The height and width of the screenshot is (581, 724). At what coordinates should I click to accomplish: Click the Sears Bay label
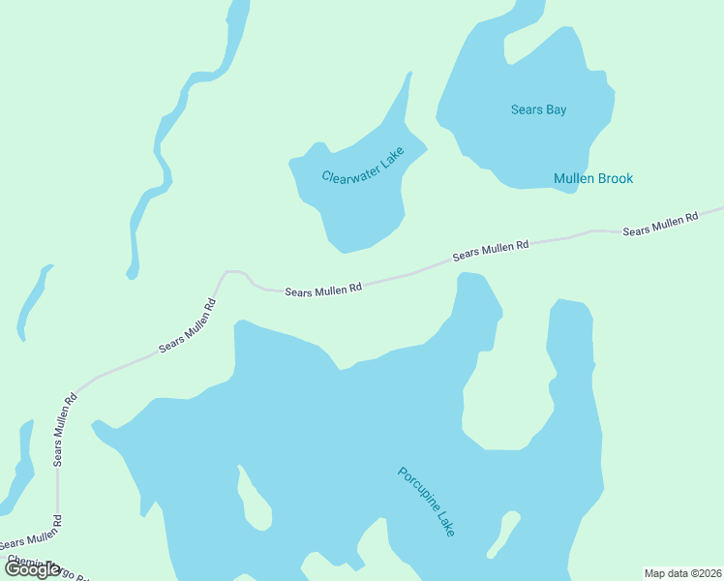538,109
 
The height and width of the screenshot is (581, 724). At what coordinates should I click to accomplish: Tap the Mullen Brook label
593,178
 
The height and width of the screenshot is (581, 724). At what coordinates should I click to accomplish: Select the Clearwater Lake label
362,165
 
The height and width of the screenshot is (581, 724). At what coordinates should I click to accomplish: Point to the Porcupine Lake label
426,502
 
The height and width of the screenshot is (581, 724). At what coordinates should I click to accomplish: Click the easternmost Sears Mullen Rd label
660,225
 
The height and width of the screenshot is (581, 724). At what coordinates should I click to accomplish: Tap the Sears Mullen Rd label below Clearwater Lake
323,290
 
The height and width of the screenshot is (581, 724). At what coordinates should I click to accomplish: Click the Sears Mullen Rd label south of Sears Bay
491,251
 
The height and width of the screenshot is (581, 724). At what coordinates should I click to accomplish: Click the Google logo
33,569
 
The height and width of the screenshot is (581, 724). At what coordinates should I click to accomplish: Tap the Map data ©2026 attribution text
682,572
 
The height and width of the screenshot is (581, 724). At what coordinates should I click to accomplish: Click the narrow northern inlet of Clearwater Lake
406,97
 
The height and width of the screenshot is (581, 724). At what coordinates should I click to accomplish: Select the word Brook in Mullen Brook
615,178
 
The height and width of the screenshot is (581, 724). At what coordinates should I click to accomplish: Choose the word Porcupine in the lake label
417,491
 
